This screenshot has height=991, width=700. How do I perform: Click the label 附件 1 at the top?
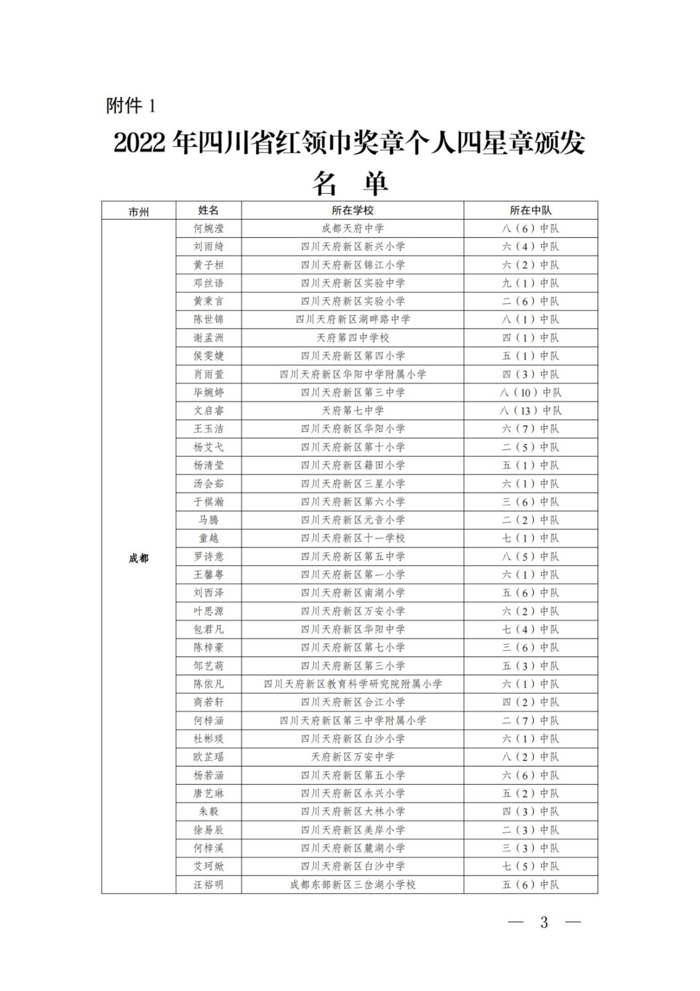pos(131,106)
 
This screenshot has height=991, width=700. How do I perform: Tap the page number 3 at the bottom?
pos(544,922)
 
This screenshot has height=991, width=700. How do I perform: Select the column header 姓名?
pos(209,211)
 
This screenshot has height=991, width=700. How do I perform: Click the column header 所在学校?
pos(352,211)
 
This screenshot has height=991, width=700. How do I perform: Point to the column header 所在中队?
pos(530,211)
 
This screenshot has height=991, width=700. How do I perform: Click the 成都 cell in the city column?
pos(139,558)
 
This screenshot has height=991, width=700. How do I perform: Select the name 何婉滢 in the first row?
pos(209,229)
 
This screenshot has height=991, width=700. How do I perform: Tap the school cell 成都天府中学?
pos(352,229)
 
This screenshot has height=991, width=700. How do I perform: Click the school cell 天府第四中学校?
pos(352,338)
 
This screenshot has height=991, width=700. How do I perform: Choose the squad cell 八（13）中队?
pos(530,411)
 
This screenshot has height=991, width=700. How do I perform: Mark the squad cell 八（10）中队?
pos(530,393)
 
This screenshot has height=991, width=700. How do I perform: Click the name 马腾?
pos(209,520)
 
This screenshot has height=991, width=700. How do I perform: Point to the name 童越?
pos(209,538)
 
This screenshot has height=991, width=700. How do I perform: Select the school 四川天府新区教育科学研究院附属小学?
pos(352,684)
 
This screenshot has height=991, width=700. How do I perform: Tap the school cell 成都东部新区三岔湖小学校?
pos(352,885)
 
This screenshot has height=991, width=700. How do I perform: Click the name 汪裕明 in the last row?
pos(209,885)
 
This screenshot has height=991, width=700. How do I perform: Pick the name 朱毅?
pos(209,812)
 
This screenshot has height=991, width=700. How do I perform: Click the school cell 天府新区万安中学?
pos(352,757)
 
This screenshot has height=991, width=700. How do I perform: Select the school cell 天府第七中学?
pos(352,411)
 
